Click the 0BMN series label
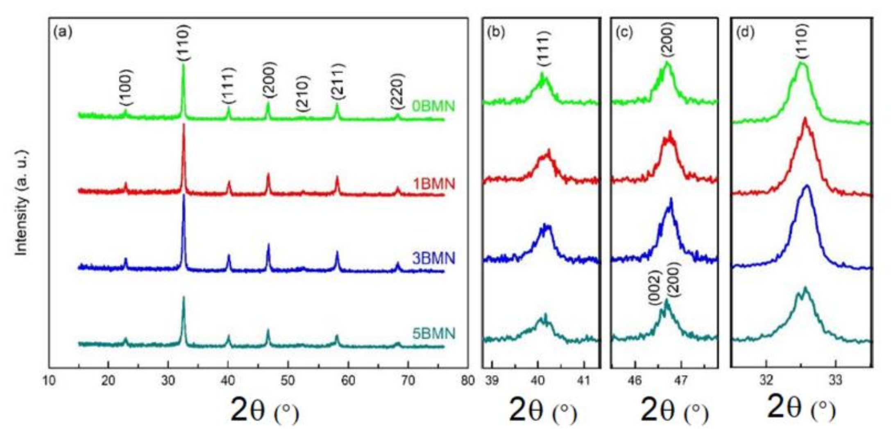[x=433, y=106]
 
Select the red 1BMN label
[x=433, y=184]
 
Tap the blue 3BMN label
[x=433, y=259]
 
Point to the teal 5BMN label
[x=433, y=334]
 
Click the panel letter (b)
[x=496, y=32]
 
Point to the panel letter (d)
[x=745, y=32]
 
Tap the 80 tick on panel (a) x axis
[x=467, y=381]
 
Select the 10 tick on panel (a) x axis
[x=49, y=381]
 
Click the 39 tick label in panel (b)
[x=492, y=381]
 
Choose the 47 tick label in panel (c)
[x=681, y=381]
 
